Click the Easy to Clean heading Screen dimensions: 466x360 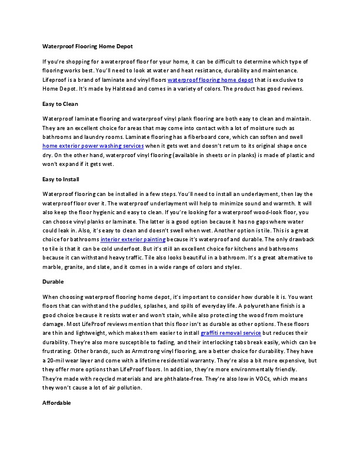(61, 104)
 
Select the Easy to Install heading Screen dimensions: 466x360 (61, 179)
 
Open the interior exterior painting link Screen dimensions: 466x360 (133, 240)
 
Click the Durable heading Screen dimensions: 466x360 (54, 282)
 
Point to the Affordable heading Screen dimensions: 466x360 (57, 403)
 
